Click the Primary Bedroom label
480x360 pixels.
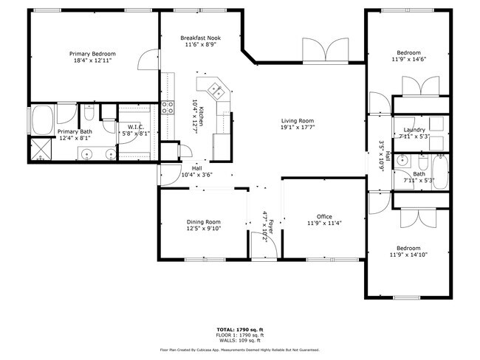click(x=92, y=54)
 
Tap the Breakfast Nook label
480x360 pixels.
click(x=201, y=38)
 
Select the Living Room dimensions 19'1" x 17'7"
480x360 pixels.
click(x=298, y=128)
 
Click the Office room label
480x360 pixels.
click(x=324, y=216)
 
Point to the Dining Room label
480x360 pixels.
click(x=202, y=221)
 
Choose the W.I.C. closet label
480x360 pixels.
click(x=134, y=127)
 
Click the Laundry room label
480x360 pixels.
click(x=408, y=129)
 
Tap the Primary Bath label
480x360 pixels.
click(x=75, y=131)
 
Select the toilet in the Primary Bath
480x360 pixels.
click(x=88, y=114)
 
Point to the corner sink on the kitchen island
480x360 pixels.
click(x=217, y=91)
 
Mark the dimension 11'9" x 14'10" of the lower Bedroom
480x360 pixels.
click(x=408, y=256)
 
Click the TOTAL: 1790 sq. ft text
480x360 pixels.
click(x=240, y=328)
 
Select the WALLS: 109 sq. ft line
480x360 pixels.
click(x=240, y=341)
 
